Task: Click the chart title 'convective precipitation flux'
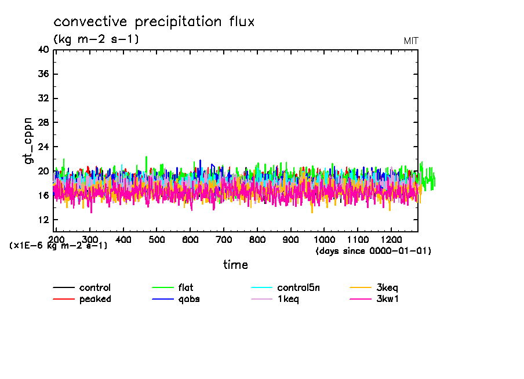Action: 154,22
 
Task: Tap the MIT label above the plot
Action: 411,41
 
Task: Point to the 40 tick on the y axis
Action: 44,50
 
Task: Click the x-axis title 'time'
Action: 235,265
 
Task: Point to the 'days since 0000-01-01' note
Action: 373,251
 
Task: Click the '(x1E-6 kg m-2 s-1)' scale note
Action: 58,246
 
